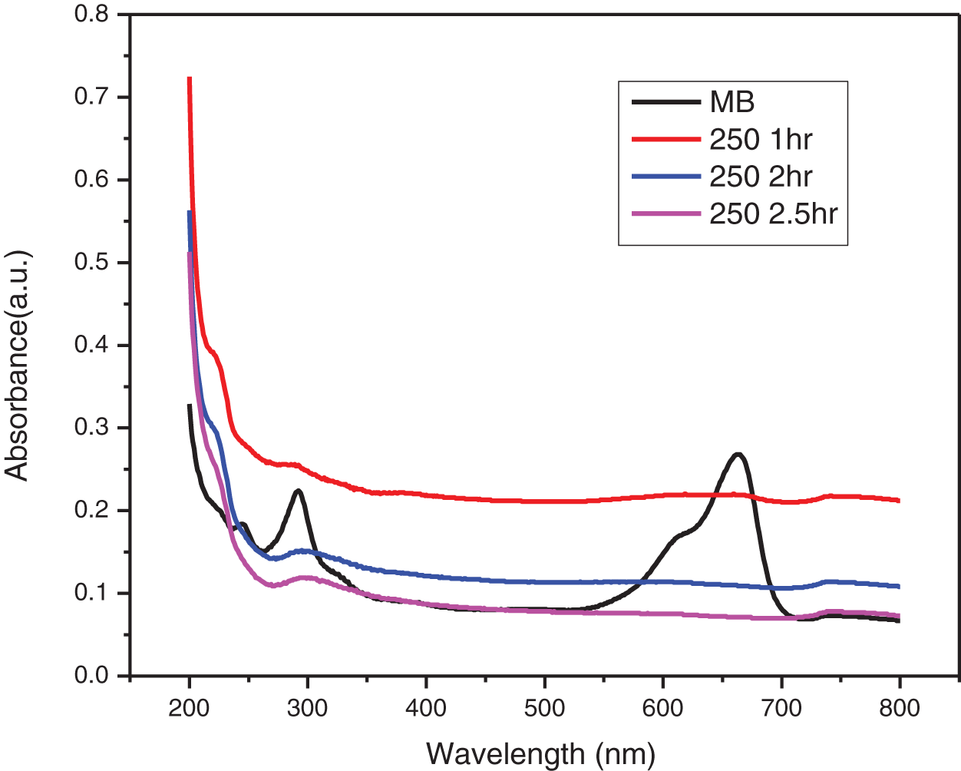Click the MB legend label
(731, 102)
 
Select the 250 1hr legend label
(760, 140)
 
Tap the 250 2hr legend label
(760, 177)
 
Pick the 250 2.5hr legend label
(773, 213)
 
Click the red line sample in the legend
(665, 140)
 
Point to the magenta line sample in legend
(665, 213)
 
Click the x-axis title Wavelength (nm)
(540, 753)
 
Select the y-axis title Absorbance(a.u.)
(17, 364)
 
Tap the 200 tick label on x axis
(189, 707)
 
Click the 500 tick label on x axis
(544, 707)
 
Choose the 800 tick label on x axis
(899, 707)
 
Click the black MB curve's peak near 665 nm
(738, 455)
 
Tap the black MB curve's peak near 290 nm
(298, 491)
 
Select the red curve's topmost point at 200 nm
(190, 78)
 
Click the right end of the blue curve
(898, 586)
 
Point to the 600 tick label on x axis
(662, 707)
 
